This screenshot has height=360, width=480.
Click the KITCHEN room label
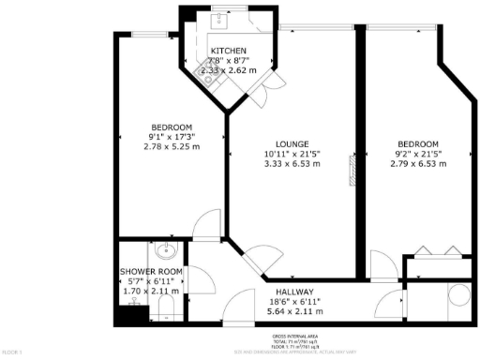(x=229, y=50)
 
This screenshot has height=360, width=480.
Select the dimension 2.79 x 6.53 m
(x=417, y=163)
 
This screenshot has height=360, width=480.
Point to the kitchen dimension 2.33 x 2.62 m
(x=229, y=69)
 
